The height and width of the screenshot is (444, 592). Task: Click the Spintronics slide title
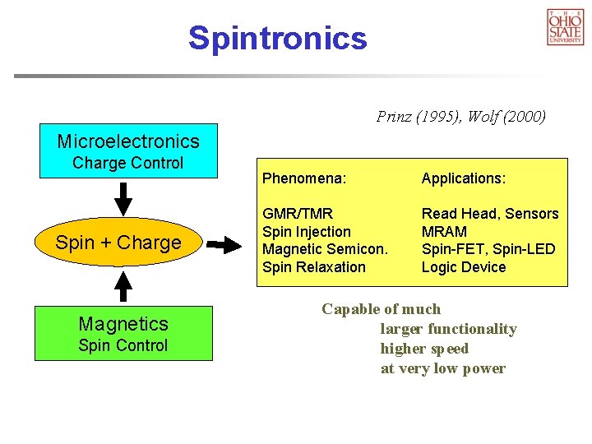tap(277, 38)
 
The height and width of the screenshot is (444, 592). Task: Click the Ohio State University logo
tap(565, 26)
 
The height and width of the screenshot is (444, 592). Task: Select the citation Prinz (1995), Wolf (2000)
tap(460, 117)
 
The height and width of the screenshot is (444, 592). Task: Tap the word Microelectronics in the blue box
tap(128, 141)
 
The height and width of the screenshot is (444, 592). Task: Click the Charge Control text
tap(128, 163)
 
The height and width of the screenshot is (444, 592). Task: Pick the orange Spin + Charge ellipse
tap(118, 243)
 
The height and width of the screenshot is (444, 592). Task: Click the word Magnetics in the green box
tap(123, 323)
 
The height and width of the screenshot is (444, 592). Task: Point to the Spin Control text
tap(123, 345)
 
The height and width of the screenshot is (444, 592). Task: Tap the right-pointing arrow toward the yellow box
tap(222, 244)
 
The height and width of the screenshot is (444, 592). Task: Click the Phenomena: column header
tap(303, 178)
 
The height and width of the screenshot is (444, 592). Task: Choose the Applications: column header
tap(464, 178)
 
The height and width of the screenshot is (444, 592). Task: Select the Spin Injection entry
tap(306, 232)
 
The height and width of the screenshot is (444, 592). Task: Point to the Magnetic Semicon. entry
tap(324, 249)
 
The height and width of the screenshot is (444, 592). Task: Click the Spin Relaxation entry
tap(313, 267)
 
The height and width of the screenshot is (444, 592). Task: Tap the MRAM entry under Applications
tap(444, 232)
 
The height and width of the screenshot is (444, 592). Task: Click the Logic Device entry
tap(464, 267)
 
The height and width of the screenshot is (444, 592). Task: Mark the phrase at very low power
tap(442, 368)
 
